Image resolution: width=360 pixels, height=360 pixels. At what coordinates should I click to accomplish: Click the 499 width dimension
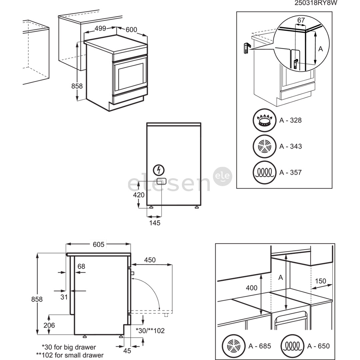coord(100,29)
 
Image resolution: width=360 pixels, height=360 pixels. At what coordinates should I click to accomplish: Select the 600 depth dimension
coord(131,30)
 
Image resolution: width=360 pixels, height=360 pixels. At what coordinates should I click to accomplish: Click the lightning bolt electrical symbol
coord(158,170)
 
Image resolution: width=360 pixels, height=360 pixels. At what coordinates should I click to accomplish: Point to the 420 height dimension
coord(139,195)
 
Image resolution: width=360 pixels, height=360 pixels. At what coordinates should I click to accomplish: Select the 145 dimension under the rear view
coord(155,223)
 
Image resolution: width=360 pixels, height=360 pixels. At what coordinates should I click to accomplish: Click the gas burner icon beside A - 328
coord(265,120)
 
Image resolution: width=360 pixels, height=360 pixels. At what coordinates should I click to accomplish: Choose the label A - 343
coord(291,146)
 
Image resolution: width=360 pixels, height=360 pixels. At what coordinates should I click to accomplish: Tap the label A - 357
coord(291,172)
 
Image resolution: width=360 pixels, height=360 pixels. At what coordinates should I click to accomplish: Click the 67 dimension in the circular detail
coord(301,20)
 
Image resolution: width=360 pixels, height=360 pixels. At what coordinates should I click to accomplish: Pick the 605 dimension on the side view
coord(98,245)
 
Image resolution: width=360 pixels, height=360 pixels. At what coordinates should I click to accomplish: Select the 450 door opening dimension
coord(150,260)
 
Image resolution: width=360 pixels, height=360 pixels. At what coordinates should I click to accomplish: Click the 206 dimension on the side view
coord(49,325)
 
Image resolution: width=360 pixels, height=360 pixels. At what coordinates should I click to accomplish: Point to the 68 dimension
coord(81,266)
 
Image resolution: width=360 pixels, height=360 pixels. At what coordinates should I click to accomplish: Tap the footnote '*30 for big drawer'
coord(69,347)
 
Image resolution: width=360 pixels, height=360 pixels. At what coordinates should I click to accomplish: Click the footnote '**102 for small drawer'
coord(70,355)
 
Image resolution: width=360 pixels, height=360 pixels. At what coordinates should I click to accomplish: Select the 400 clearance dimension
coord(251,287)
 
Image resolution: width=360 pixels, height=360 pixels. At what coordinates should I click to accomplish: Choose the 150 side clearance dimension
coord(320,281)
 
